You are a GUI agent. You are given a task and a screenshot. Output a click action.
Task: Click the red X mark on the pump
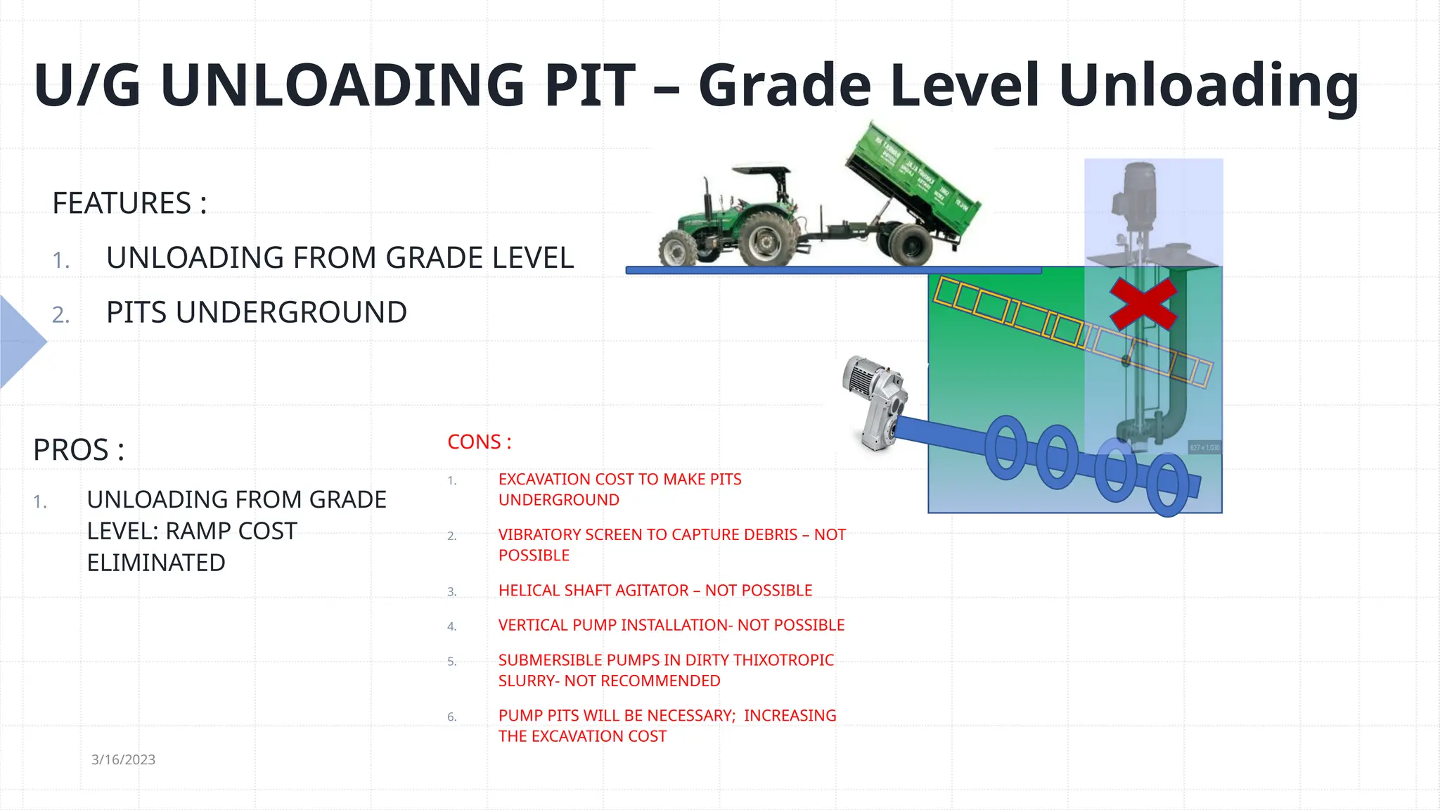click(1143, 304)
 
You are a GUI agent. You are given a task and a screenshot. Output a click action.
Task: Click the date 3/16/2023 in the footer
click(123, 759)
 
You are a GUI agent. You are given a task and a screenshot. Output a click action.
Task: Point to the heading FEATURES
click(122, 203)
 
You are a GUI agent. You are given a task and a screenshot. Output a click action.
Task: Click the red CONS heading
click(479, 442)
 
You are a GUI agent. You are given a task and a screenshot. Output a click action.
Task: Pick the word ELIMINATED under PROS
click(156, 562)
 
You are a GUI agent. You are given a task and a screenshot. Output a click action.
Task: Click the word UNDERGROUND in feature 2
click(292, 312)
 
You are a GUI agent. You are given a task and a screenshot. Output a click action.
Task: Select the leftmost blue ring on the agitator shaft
click(1006, 447)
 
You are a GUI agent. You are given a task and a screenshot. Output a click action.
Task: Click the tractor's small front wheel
click(676, 247)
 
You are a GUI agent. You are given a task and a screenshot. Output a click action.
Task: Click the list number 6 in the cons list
click(452, 717)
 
